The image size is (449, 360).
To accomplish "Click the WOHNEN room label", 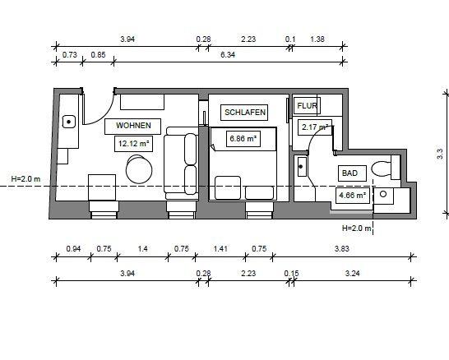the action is click(133, 125).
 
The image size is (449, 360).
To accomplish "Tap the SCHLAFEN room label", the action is click(245, 112).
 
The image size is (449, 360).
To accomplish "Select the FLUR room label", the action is click(307, 105).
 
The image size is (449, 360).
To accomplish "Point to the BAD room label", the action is click(349, 173).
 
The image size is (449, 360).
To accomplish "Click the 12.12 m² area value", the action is click(134, 143).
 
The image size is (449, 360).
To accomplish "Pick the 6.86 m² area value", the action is click(243, 139).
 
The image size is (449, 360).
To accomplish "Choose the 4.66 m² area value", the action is click(352, 196).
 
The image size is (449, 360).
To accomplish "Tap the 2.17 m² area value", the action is click(315, 127).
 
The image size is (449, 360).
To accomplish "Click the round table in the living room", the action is click(139, 169).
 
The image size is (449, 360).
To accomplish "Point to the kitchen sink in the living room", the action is click(69, 122).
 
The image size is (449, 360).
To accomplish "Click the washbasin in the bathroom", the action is click(302, 167).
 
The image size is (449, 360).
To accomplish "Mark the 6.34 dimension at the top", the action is click(228, 54).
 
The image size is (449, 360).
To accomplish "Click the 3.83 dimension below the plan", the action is click(342, 248).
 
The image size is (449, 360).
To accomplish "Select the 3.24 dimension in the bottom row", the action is click(352, 274).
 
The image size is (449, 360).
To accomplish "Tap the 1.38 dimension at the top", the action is click(317, 39).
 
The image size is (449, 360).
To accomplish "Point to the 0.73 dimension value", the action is click(70, 54).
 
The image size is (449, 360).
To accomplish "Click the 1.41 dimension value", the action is click(220, 248).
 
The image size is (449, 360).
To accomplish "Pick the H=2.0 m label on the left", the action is click(25, 179).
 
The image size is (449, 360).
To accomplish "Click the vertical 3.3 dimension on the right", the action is click(440, 154).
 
